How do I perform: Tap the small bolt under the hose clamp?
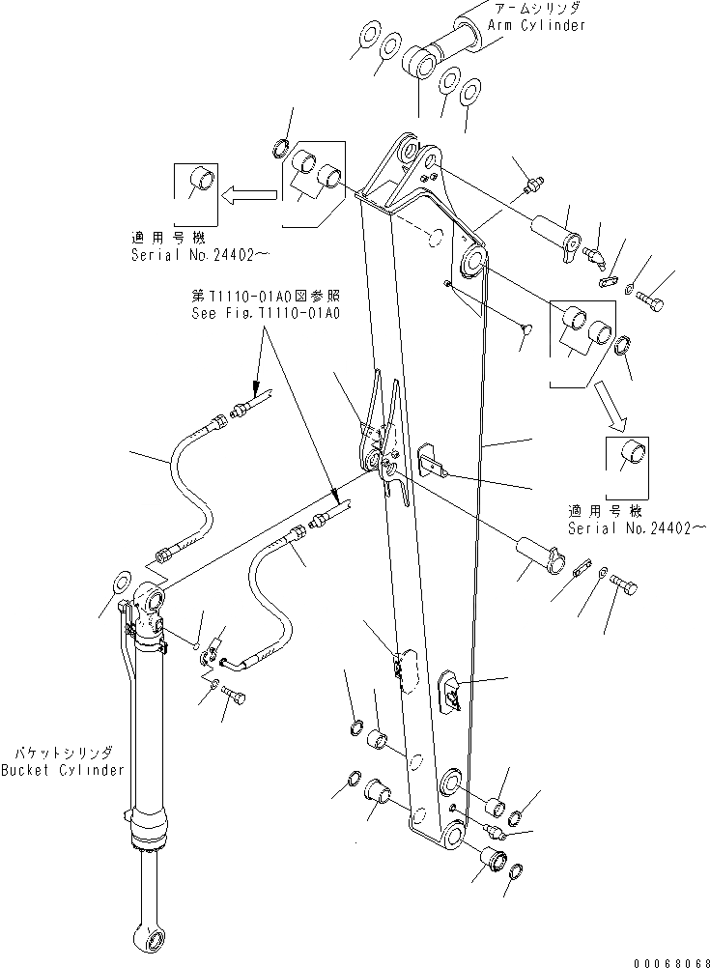[232, 697]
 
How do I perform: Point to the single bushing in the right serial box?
[632, 452]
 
